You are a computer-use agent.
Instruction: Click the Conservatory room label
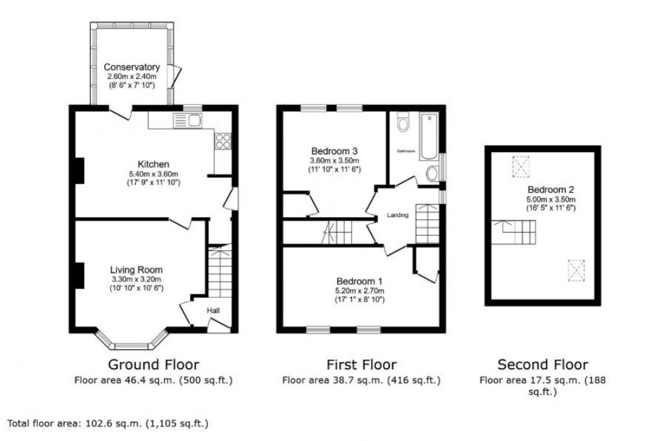point(132,67)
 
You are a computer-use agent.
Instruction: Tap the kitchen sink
point(188,120)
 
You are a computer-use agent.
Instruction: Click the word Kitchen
point(153,164)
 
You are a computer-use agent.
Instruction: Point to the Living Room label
point(136,270)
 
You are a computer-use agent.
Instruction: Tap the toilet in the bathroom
point(403,124)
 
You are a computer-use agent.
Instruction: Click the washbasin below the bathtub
point(432,174)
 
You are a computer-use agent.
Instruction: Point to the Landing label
point(398,215)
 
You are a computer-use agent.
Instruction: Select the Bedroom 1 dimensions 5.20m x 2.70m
point(360,290)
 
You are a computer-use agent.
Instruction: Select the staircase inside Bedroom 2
point(516,233)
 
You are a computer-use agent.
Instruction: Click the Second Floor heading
point(543,365)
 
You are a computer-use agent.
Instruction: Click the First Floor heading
point(361,365)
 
